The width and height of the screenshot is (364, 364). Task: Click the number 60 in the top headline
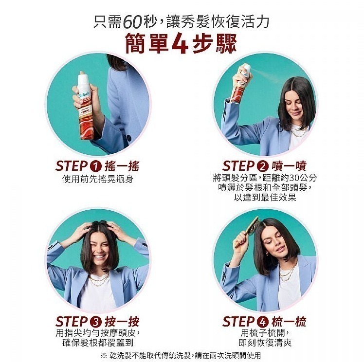coord(132,22)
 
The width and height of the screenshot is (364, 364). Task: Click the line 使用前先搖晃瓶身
coord(97,180)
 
